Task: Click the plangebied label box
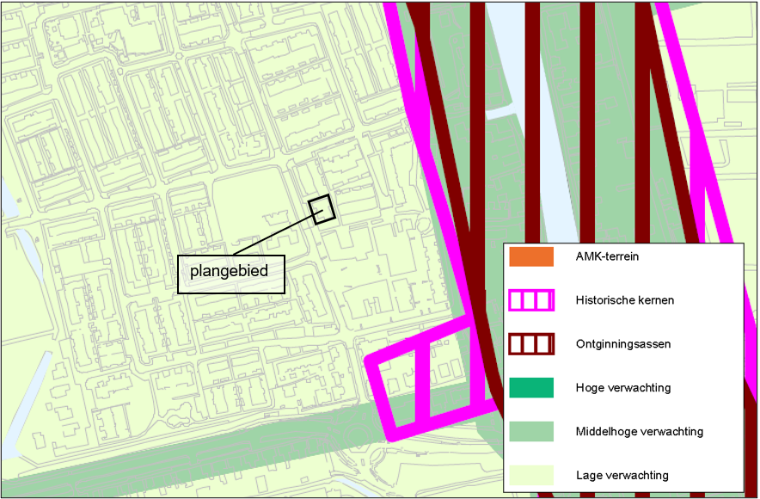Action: click(230, 273)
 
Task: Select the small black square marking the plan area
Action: click(322, 209)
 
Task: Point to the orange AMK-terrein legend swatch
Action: click(530, 256)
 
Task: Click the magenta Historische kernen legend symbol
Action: click(530, 300)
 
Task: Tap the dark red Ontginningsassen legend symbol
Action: click(530, 344)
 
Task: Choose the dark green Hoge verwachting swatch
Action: click(530, 388)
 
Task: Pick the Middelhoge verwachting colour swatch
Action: click(530, 431)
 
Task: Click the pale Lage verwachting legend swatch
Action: click(530, 475)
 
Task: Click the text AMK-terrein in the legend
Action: click(607, 256)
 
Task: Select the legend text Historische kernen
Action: click(624, 300)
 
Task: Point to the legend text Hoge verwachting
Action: click(622, 388)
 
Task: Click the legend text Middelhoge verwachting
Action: click(639, 431)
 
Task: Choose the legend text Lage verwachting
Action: click(622, 475)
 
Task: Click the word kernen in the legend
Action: click(654, 300)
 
